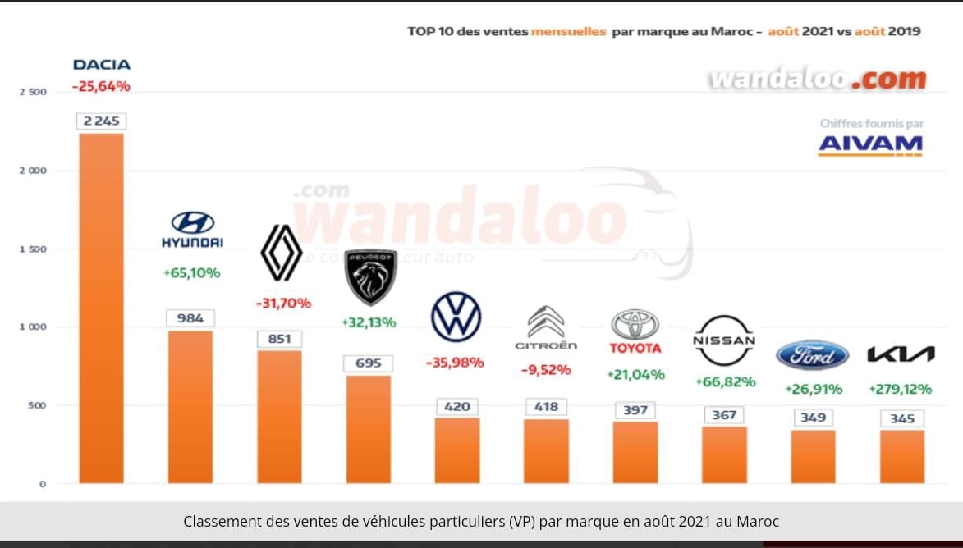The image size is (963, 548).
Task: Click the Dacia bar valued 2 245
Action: [x=101, y=308]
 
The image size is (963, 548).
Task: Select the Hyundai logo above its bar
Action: [x=192, y=229]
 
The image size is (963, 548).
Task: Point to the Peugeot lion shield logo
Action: [x=370, y=276]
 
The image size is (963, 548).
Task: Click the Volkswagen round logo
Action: [x=456, y=317]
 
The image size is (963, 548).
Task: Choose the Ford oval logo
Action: [x=812, y=355]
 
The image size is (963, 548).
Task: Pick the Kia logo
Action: [x=901, y=354]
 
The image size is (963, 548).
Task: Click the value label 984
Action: [x=190, y=318]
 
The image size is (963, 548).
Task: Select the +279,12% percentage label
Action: [x=900, y=389]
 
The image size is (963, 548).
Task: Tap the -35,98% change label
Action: [x=455, y=362]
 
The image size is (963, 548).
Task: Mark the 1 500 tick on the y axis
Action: [x=33, y=249]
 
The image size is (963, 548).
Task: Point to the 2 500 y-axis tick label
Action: [x=33, y=92]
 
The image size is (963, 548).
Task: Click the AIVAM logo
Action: [x=870, y=144]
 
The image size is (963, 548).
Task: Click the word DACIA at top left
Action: [x=102, y=65]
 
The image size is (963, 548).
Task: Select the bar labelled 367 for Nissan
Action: [x=724, y=455]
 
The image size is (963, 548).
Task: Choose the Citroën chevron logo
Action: [x=546, y=322]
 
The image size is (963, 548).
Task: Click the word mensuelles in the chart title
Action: [x=569, y=31]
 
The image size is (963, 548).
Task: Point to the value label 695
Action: [x=369, y=363]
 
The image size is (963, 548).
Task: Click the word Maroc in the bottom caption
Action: [x=758, y=522]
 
